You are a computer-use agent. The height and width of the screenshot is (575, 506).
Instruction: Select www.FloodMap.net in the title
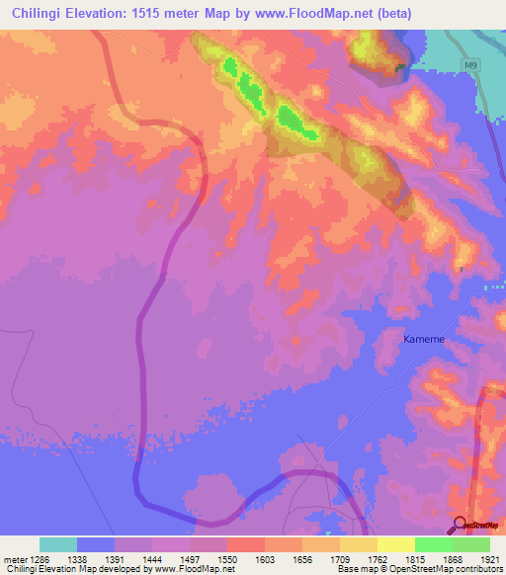click(314, 13)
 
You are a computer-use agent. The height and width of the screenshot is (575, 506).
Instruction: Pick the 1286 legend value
click(41, 558)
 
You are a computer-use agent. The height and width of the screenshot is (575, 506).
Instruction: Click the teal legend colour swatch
click(58, 544)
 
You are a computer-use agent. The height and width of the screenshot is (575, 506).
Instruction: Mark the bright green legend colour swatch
click(433, 544)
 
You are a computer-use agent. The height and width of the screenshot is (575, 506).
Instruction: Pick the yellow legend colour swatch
click(395, 544)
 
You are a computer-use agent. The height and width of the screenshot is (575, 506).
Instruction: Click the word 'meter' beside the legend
click(13, 558)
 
